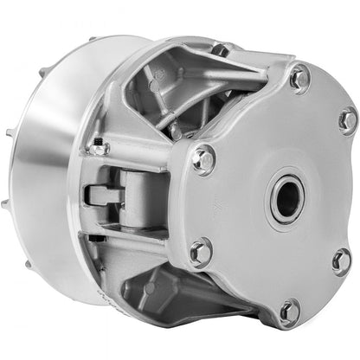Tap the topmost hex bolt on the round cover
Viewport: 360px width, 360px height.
click(x=300, y=79)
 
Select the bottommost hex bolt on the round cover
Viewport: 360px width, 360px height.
click(x=289, y=312)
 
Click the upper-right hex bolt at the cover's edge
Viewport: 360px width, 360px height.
click(x=346, y=120)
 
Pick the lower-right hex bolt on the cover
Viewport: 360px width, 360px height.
click(x=341, y=260)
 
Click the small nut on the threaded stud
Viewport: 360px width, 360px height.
click(x=101, y=148)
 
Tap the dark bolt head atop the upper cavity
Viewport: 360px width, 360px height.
click(x=221, y=51)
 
